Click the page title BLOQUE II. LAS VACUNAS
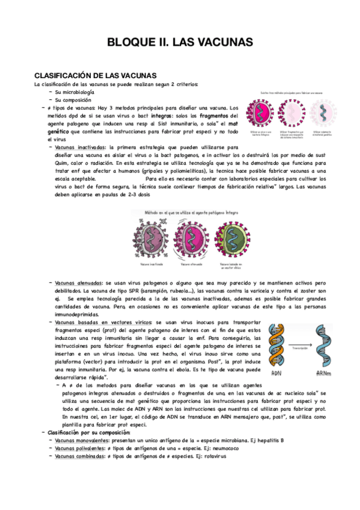(x=180, y=42)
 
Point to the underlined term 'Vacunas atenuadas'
(x=78, y=283)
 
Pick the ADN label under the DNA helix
(x=276, y=373)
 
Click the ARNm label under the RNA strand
(x=325, y=373)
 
